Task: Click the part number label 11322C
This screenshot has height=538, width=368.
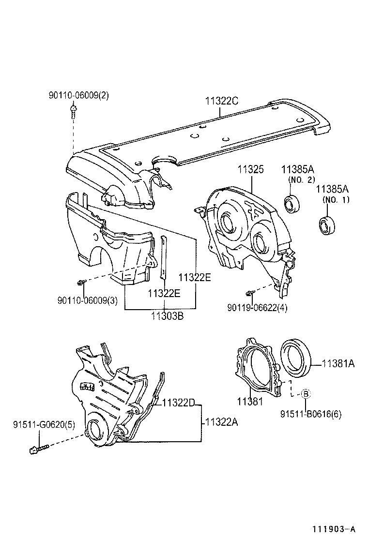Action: point(221,101)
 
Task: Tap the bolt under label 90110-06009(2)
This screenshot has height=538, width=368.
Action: point(73,113)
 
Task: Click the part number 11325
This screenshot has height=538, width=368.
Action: point(250,170)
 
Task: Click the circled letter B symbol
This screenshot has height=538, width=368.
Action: point(306,394)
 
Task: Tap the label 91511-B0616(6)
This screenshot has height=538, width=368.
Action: point(311,414)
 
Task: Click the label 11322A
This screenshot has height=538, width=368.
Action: point(222,422)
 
